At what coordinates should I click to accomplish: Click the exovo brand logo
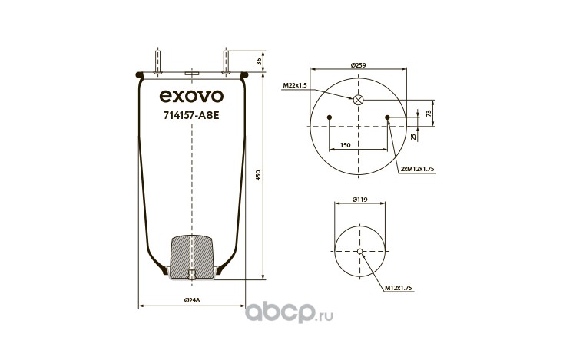click(x=191, y=96)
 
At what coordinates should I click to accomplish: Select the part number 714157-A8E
click(x=191, y=116)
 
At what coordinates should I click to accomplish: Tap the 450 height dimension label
click(x=258, y=175)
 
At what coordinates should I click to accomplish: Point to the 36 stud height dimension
click(x=259, y=61)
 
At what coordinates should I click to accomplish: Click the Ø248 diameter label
click(x=192, y=300)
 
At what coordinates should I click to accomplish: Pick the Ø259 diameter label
click(x=358, y=65)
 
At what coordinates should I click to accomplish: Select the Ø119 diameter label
click(x=360, y=200)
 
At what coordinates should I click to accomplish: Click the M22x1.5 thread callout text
click(x=295, y=85)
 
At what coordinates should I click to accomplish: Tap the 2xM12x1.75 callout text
click(x=417, y=169)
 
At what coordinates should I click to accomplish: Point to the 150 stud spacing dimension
click(x=346, y=145)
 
